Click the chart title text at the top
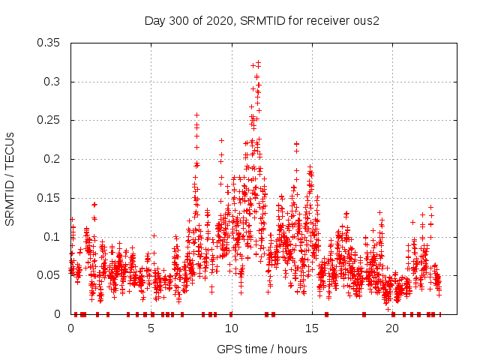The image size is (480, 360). click(262, 20)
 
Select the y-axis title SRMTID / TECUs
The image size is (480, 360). click(10, 178)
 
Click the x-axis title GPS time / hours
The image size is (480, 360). click(262, 349)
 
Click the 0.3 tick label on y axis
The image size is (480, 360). click(53, 81)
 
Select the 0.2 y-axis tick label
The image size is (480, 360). click(53, 159)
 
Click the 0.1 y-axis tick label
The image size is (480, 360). click(53, 236)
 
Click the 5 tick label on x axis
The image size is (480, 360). click(151, 328)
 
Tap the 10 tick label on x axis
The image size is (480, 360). click(231, 328)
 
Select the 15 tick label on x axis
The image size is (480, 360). click(311, 328)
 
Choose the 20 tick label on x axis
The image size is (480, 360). click(391, 328)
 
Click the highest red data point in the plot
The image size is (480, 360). click(258, 63)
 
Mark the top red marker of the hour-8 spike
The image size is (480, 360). click(196, 115)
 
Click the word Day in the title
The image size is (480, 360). click(155, 20)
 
